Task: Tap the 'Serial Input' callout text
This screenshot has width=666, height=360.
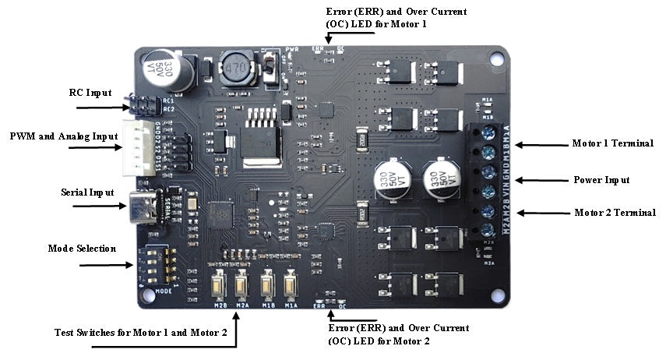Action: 88,192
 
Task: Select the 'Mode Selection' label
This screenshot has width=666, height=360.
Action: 82,249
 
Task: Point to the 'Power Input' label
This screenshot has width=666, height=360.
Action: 601,180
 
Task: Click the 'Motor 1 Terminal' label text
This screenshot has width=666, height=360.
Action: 612,144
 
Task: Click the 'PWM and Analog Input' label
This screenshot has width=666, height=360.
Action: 64,136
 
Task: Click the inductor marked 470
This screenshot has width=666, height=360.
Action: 234,70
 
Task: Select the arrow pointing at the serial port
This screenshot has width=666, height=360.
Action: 100,206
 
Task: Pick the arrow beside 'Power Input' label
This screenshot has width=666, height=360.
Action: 543,180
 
